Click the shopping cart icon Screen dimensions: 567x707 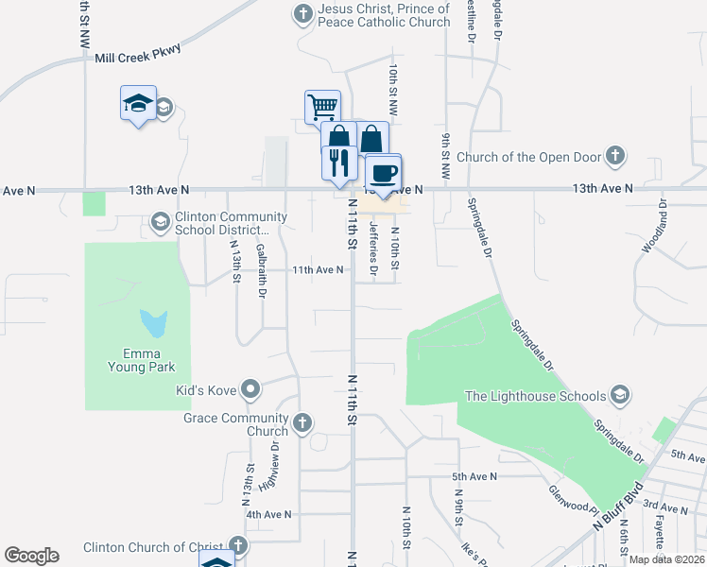pos(322,106)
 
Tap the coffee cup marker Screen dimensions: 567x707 pos(383,173)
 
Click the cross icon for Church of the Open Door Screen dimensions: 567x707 pos(614,156)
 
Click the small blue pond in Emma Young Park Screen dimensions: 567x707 pos(152,324)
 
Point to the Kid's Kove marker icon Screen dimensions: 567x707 pos(250,388)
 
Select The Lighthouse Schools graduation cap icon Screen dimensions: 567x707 pos(620,394)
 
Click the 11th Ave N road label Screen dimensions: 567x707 pos(317,269)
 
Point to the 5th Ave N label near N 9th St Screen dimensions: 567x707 pos(474,476)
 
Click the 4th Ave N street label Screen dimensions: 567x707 pos(268,514)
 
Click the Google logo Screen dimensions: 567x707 pos(31,556)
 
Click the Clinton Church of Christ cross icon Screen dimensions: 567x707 pos(238,546)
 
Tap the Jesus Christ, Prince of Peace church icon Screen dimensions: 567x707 pos(302,13)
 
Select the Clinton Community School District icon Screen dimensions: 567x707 pos(160,223)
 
